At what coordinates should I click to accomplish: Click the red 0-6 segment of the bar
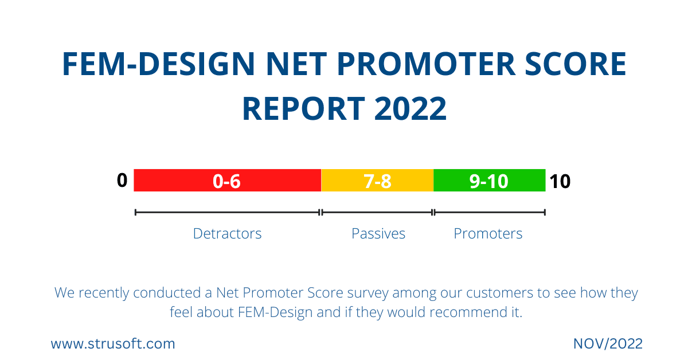[227, 181]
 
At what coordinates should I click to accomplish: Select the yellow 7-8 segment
[377, 181]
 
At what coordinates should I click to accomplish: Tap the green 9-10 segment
[489, 181]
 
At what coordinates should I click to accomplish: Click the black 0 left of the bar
[122, 181]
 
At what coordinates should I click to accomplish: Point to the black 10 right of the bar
[560, 182]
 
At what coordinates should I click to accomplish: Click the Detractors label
[227, 234]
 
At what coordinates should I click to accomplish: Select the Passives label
[378, 234]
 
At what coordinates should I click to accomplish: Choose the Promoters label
[488, 234]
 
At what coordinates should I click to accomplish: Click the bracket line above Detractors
[227, 212]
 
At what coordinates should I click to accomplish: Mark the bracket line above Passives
[377, 212]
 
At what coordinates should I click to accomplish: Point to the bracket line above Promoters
[489, 212]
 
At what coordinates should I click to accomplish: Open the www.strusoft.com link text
[113, 344]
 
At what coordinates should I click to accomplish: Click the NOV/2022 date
[608, 344]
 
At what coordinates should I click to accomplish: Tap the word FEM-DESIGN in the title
[158, 64]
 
